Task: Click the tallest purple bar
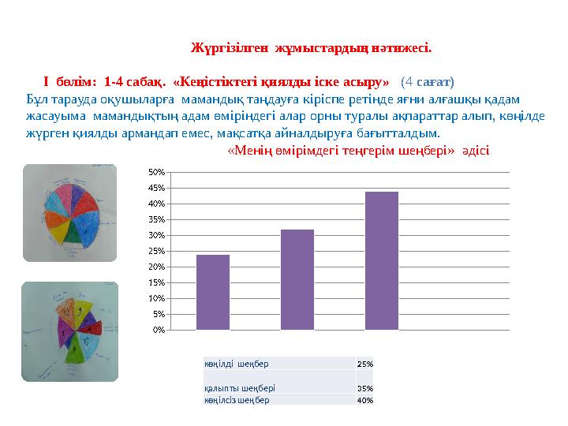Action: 381,260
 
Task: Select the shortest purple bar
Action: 213,292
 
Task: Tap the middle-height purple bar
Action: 297,279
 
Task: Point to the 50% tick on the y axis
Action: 156,172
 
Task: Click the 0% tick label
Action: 158,330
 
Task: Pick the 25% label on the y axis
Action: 156,251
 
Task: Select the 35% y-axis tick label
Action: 156,219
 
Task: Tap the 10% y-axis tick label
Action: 156,298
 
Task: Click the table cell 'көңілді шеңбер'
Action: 237,364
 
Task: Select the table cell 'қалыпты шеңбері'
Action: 239,388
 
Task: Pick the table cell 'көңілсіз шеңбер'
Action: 237,400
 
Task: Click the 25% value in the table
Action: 364,364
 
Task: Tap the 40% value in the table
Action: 364,400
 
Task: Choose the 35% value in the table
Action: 364,388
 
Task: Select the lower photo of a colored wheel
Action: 69,331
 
